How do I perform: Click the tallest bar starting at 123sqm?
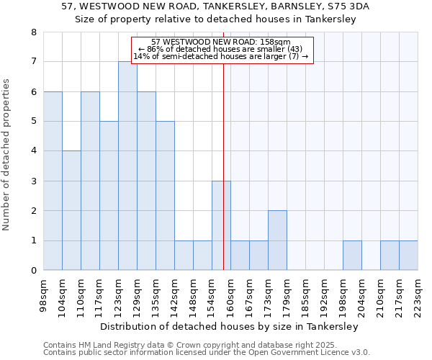coord(127,166)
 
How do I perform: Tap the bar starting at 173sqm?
coord(277,240)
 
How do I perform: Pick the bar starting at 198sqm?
coord(352,256)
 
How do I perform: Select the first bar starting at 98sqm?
coord(53,181)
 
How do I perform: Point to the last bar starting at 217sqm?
coord(408,256)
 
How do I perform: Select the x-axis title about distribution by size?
coord(229,326)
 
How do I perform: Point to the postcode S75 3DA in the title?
coord(354,6)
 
